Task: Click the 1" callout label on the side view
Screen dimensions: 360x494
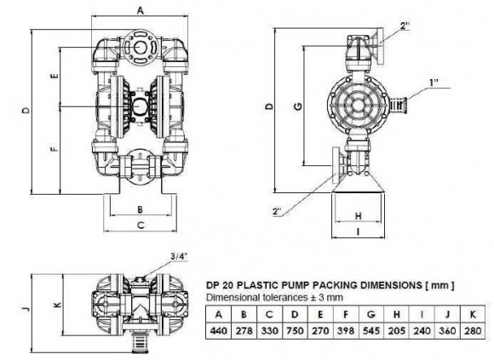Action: tap(434, 82)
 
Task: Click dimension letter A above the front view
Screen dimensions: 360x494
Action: tap(141, 10)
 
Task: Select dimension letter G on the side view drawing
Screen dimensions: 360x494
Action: tap(297, 106)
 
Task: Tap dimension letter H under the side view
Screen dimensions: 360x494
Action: tap(358, 214)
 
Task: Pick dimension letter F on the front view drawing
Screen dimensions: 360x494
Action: tap(53, 149)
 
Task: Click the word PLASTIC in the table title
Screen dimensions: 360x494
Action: tap(267, 284)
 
